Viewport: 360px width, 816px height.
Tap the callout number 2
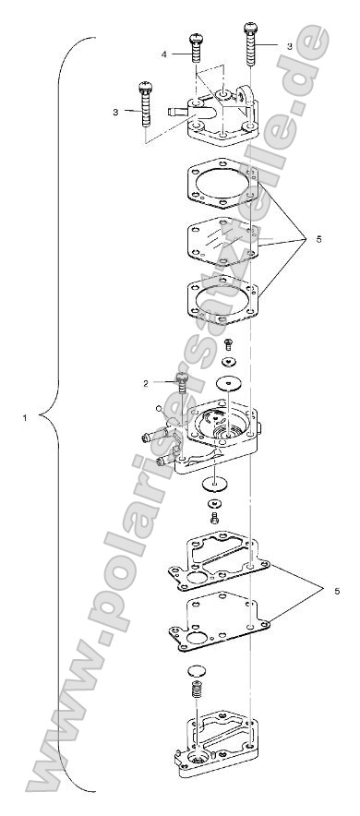(x=146, y=382)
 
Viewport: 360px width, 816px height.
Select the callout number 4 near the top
(x=164, y=54)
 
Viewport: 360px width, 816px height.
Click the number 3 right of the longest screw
(x=289, y=45)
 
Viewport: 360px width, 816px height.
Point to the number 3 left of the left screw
(x=115, y=111)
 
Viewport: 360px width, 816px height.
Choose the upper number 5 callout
(x=318, y=239)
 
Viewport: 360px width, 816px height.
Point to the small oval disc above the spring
(x=196, y=695)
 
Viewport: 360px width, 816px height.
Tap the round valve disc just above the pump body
(x=226, y=381)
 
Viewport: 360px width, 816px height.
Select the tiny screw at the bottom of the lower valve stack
(x=215, y=519)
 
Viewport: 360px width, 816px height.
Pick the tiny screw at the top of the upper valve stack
(x=228, y=342)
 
